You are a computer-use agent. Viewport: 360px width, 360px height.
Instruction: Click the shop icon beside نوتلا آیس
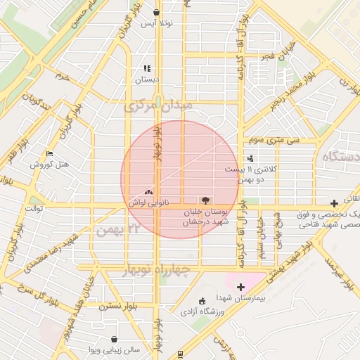pos(156,13)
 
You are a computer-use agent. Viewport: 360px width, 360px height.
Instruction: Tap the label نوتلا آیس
pos(156,24)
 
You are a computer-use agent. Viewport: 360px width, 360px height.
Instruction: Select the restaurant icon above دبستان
pos(148,68)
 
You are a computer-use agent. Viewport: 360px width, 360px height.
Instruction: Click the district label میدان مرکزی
pos(157,107)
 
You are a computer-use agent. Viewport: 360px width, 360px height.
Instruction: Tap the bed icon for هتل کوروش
pos(49,153)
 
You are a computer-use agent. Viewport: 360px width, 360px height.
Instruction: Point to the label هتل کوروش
pos(49,165)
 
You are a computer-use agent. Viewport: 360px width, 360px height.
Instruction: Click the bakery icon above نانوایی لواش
pos(148,191)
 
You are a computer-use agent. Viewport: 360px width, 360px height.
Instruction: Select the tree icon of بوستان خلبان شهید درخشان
pos(206,200)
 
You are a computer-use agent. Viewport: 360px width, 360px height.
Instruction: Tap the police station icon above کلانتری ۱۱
pos(250,159)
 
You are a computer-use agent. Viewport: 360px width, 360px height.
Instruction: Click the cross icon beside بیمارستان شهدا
pos(240,286)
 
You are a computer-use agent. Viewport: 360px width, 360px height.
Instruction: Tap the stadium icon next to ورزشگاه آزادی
pos(202,301)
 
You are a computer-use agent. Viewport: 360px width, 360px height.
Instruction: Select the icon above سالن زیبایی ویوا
pos(114,339)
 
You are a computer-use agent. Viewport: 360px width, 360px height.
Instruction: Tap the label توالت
pos(35,209)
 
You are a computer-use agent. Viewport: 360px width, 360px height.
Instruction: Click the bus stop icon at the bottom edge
pos(181,354)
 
